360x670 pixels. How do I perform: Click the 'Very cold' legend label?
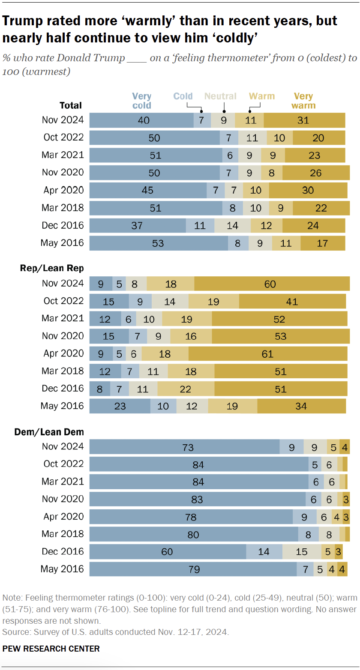point(141,101)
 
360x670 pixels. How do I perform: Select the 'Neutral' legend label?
point(221,96)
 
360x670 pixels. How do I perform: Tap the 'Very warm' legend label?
point(303,101)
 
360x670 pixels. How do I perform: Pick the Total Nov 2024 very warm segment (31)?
point(304,120)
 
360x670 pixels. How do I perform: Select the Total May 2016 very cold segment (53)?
point(159,243)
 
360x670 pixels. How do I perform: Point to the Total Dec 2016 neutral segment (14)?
point(232,225)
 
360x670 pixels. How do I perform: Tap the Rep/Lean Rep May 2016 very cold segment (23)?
point(120,406)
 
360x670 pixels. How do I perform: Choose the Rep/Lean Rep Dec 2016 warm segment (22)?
point(186,389)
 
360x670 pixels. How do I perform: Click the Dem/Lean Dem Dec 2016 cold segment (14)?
point(264,551)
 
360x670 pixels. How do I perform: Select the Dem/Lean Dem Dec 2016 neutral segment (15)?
point(302,551)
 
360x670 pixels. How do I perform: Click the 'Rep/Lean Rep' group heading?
point(52,268)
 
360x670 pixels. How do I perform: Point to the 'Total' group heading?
point(70,105)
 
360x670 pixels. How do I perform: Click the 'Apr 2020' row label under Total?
point(63,190)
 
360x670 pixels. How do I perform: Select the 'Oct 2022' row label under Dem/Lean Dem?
point(63,464)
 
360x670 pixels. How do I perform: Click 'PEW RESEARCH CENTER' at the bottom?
point(51,649)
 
